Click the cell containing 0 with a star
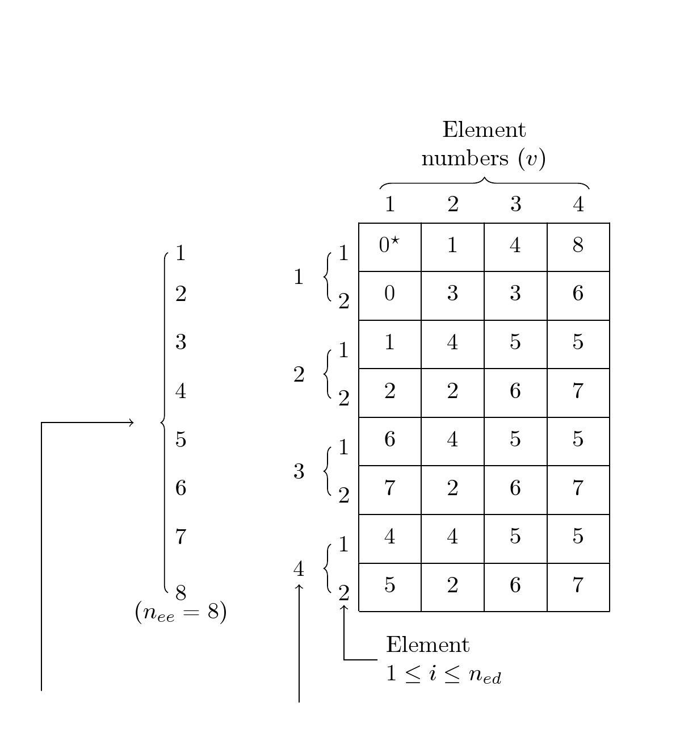(389, 246)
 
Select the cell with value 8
(578, 246)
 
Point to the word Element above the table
(484, 130)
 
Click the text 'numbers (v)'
(484, 158)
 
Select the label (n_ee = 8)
(181, 613)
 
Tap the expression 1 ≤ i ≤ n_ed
(443, 675)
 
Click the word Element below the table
(427, 645)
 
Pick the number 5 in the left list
(181, 440)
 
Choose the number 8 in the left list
(181, 593)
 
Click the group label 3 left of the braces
(299, 471)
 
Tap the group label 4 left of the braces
(299, 568)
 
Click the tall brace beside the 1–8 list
(164, 422)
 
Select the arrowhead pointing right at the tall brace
(131, 422)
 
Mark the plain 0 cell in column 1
(389, 295)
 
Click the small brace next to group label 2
(327, 374)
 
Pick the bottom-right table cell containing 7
(578, 586)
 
